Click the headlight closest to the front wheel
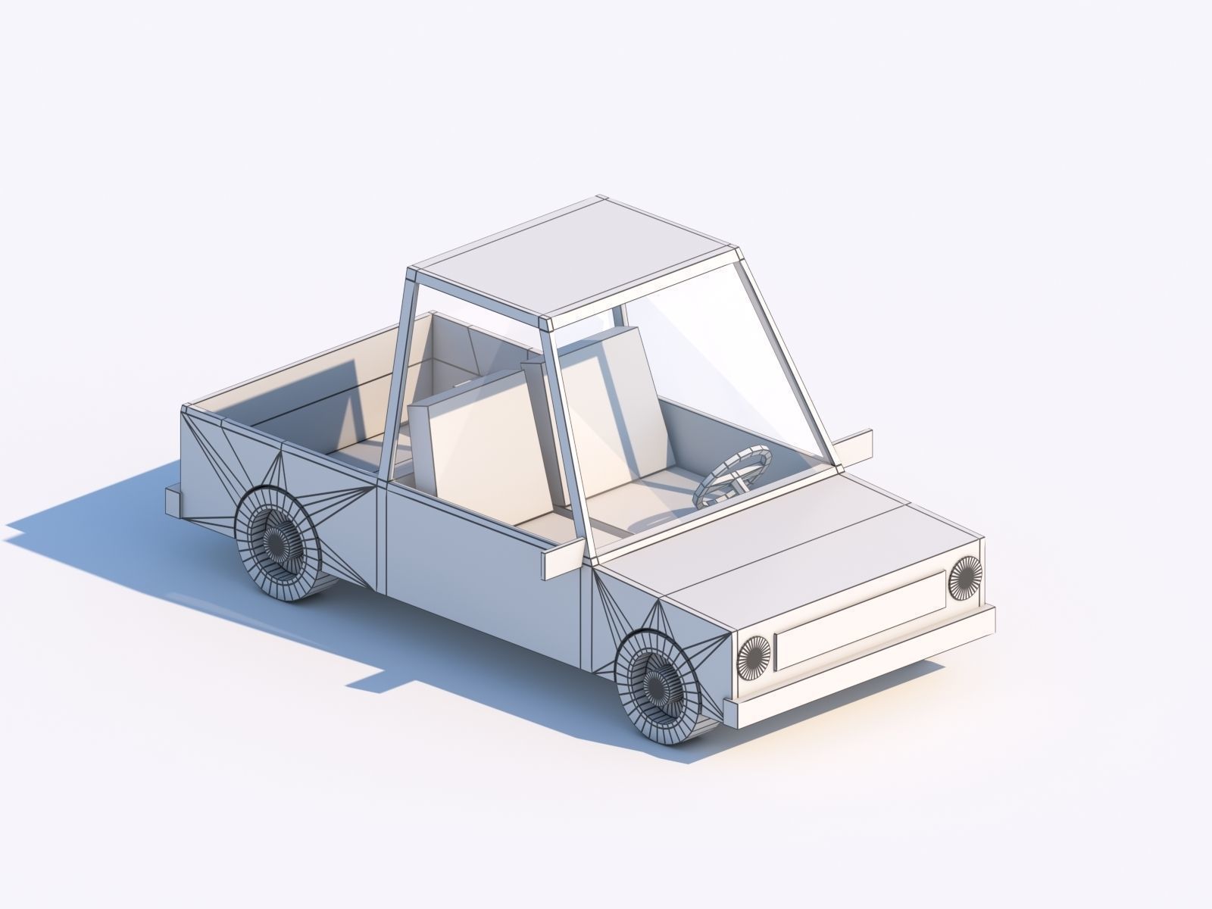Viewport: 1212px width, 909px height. click(x=754, y=655)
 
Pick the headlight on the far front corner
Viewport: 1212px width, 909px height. click(x=964, y=577)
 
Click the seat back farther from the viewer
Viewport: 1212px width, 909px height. click(x=606, y=394)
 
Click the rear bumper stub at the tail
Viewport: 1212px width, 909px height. click(x=175, y=502)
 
